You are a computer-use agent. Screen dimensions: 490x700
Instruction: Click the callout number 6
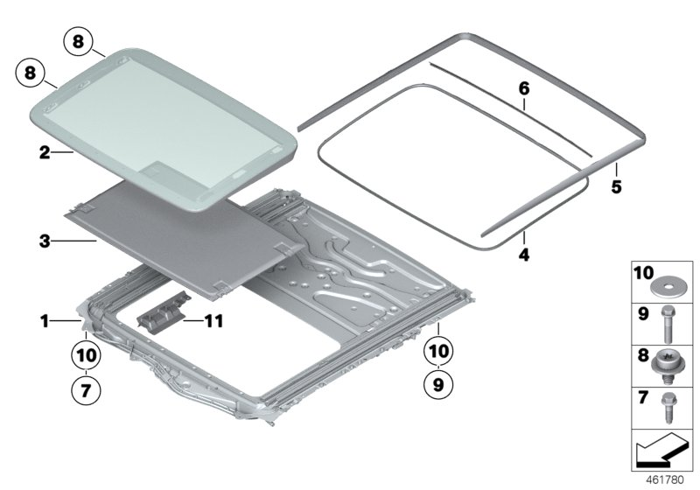[524, 88]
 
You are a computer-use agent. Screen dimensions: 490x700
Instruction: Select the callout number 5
[616, 187]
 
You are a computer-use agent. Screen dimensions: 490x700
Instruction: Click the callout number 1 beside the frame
[43, 322]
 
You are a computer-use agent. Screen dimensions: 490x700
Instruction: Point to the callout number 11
[213, 321]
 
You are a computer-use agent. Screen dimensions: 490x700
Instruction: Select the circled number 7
[86, 390]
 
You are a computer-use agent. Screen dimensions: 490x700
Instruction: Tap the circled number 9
[437, 383]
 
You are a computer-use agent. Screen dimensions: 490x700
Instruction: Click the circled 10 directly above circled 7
[86, 355]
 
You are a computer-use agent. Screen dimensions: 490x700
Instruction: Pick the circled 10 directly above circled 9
[437, 350]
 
